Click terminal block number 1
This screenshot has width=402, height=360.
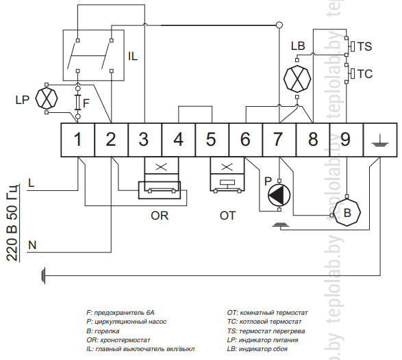(77, 140)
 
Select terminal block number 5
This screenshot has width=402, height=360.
(212, 140)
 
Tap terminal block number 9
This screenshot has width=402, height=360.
(346, 140)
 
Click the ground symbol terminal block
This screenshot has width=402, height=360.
(380, 140)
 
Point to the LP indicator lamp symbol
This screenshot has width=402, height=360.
(47, 99)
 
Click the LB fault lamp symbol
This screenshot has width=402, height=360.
(297, 79)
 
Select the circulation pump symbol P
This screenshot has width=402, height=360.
(279, 195)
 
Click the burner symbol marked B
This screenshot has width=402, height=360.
(347, 213)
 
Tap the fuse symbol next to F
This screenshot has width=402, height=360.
(77, 103)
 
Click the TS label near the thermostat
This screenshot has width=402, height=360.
(364, 47)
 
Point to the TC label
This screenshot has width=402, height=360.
(364, 74)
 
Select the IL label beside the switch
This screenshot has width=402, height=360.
(133, 56)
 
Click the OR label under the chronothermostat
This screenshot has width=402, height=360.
(160, 216)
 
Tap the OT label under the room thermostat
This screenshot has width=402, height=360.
(227, 216)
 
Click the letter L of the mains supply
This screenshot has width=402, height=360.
(31, 183)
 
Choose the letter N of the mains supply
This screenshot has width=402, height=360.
(32, 245)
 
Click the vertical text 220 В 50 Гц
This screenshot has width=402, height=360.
(12, 222)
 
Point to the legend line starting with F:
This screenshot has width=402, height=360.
(121, 313)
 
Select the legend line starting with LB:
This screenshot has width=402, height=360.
(257, 349)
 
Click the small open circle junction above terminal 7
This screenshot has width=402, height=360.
(279, 25)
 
